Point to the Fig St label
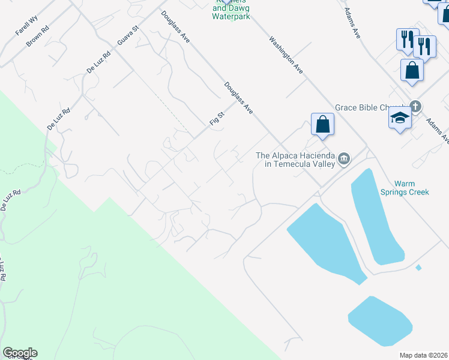point(216,115)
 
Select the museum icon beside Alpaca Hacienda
point(344,159)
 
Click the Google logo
point(20,353)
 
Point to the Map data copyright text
point(424,355)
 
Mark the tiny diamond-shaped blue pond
point(418,267)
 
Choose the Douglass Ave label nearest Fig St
point(238,98)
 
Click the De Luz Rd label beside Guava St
point(99,62)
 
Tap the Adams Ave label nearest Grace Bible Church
point(437,131)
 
